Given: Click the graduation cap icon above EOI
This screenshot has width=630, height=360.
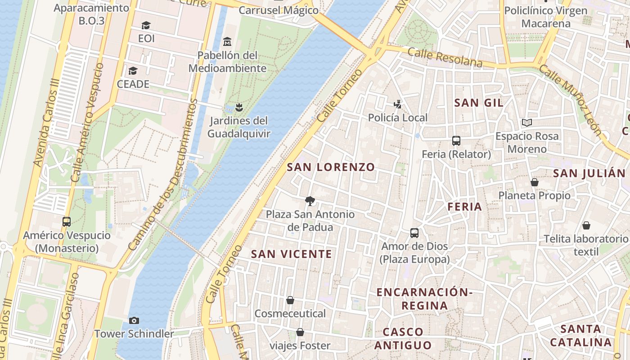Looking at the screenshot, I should tap(146, 25).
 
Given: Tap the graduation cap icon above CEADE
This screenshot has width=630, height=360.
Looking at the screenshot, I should tap(133, 71).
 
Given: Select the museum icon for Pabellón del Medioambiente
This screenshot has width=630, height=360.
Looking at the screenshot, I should tap(227, 42).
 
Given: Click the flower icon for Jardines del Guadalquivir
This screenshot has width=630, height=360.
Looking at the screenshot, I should tap(238, 107).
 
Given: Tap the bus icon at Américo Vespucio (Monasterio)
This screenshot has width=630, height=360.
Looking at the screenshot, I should tap(67, 221).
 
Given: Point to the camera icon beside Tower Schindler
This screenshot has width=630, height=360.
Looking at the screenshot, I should tap(134, 320).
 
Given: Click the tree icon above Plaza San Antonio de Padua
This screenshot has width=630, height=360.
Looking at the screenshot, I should tap(310, 201).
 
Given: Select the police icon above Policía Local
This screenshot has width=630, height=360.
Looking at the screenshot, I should tap(397, 104).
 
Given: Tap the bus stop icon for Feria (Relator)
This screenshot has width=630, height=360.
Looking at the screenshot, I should tap(456, 141).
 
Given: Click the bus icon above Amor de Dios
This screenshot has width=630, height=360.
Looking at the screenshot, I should tap(414, 233).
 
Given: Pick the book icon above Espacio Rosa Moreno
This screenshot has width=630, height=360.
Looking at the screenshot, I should tap(527, 122).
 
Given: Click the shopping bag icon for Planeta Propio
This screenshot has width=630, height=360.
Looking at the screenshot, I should tap(535, 182).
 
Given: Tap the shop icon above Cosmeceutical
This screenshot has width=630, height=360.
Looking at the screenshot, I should tap(290, 300).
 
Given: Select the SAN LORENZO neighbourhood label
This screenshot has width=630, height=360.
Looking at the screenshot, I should tap(331, 167).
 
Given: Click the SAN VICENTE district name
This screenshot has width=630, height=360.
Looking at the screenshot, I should tap(292, 254).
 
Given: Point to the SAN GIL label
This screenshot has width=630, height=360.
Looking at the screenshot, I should tap(479, 103).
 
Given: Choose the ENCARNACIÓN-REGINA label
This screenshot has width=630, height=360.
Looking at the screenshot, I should tap(424, 299).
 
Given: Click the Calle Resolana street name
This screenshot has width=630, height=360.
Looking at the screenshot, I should tap(445, 58).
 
